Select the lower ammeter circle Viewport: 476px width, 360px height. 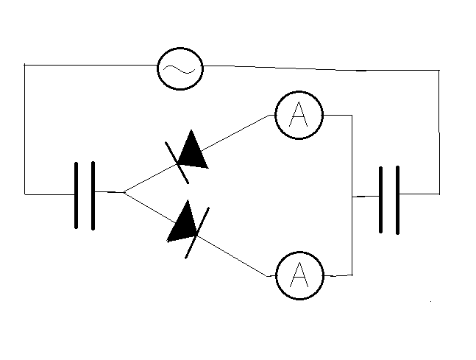point(299,275)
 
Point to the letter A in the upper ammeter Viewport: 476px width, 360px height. point(299,116)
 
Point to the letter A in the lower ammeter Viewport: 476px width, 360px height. point(299,275)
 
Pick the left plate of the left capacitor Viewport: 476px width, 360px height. point(77,195)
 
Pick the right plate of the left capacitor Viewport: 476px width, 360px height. point(93,195)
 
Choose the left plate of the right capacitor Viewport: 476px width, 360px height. point(380,199)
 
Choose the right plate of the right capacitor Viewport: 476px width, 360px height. point(398,199)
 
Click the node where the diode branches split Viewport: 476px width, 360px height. point(124,192)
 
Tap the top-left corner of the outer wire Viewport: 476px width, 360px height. point(25,65)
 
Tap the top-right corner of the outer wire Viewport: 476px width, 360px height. point(439,71)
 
